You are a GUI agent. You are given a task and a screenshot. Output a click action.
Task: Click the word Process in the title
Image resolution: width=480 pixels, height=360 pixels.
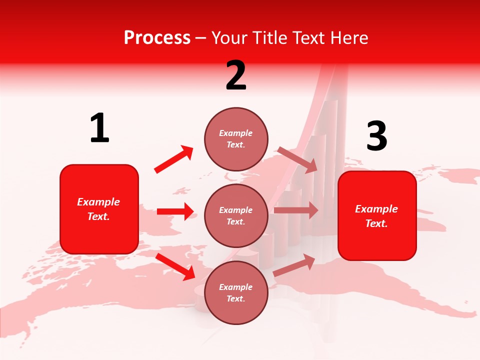point(157,38)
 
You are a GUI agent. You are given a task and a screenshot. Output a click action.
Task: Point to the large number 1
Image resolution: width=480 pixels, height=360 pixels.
point(99,128)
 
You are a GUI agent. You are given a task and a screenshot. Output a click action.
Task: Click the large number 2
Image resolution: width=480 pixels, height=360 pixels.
point(236,76)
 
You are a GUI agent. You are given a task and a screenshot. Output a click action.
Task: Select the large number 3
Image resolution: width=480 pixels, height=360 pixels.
point(376,136)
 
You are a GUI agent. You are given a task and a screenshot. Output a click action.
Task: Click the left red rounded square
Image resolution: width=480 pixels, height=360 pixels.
point(99,209)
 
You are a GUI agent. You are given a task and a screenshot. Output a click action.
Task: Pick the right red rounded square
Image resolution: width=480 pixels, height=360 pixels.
point(377,215)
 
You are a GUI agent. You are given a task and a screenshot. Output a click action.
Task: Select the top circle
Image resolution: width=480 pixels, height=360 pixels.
point(236,139)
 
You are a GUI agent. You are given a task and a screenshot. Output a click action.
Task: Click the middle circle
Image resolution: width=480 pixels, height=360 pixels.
point(236,215)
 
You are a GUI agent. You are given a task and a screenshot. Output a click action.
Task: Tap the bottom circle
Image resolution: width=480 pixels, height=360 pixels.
point(236,292)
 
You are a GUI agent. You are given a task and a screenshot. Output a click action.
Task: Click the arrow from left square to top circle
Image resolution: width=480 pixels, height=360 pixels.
point(174,159)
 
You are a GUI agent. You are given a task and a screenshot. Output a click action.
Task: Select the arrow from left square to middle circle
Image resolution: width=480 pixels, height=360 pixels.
point(175,211)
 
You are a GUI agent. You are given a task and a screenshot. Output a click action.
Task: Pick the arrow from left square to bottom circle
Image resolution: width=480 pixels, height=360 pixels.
point(175,266)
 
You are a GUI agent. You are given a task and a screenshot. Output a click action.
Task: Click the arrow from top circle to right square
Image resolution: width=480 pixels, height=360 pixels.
point(297,159)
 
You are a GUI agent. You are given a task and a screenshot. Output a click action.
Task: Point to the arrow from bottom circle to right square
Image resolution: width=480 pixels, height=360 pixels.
point(294,265)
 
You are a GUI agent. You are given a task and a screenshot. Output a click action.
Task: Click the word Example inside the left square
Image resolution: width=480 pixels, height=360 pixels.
point(98,202)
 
